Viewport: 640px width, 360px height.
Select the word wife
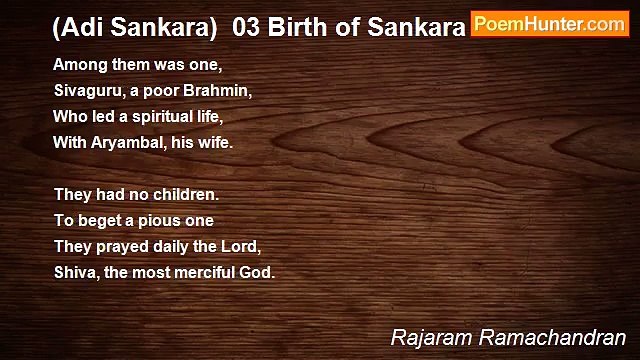pyautogui.click(x=215, y=141)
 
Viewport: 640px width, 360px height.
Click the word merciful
pyautogui.click(x=204, y=271)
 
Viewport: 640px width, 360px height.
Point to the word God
pyautogui.click(x=256, y=271)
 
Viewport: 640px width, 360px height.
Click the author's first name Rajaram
pyautogui.click(x=428, y=338)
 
